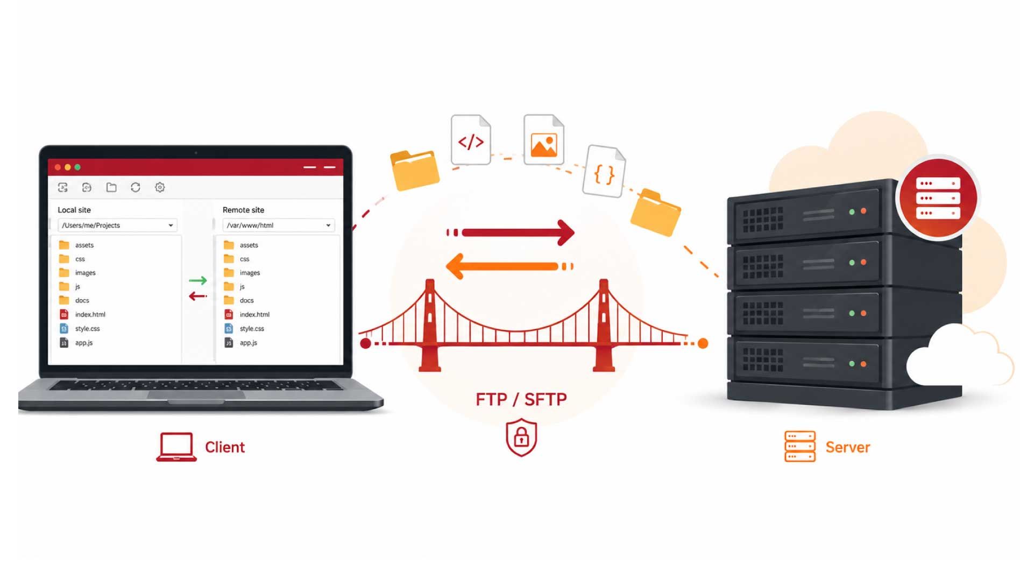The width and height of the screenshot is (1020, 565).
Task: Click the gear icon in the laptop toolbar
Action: tap(160, 187)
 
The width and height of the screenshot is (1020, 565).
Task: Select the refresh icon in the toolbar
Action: tap(136, 187)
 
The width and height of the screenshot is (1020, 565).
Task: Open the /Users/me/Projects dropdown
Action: tap(117, 225)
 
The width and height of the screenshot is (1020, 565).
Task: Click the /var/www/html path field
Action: tap(279, 225)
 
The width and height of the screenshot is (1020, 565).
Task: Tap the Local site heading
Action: tap(74, 210)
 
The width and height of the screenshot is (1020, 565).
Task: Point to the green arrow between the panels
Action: tap(197, 280)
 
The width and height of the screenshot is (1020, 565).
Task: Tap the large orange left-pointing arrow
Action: tap(509, 266)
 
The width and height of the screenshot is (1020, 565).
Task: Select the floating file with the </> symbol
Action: tap(471, 140)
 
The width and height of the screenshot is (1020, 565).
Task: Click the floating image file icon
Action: tap(543, 139)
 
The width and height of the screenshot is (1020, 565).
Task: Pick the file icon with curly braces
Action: tap(604, 171)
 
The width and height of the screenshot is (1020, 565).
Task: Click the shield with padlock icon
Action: tap(521, 437)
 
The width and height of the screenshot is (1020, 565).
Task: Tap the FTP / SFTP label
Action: tap(521, 399)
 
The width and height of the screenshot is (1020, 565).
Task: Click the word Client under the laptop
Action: tap(225, 447)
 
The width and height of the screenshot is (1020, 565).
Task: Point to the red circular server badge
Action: tap(938, 198)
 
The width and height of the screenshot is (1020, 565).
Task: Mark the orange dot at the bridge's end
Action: tap(703, 343)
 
